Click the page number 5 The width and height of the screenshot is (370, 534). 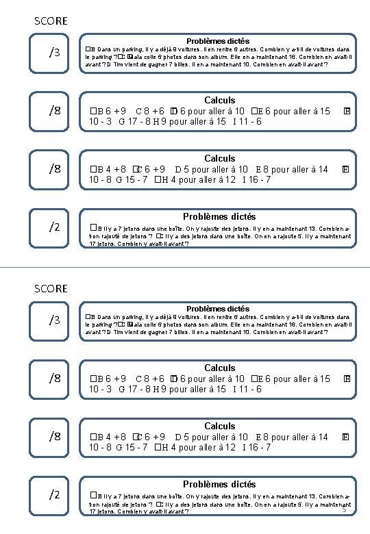click(x=344, y=509)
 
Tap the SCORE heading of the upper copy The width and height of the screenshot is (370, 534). click(x=51, y=21)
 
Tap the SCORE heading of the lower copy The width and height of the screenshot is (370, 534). click(x=51, y=288)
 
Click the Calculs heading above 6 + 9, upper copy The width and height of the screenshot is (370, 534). click(x=219, y=101)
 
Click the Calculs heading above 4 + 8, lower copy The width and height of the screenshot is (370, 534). click(x=219, y=426)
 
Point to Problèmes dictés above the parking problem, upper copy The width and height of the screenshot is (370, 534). click(x=218, y=42)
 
